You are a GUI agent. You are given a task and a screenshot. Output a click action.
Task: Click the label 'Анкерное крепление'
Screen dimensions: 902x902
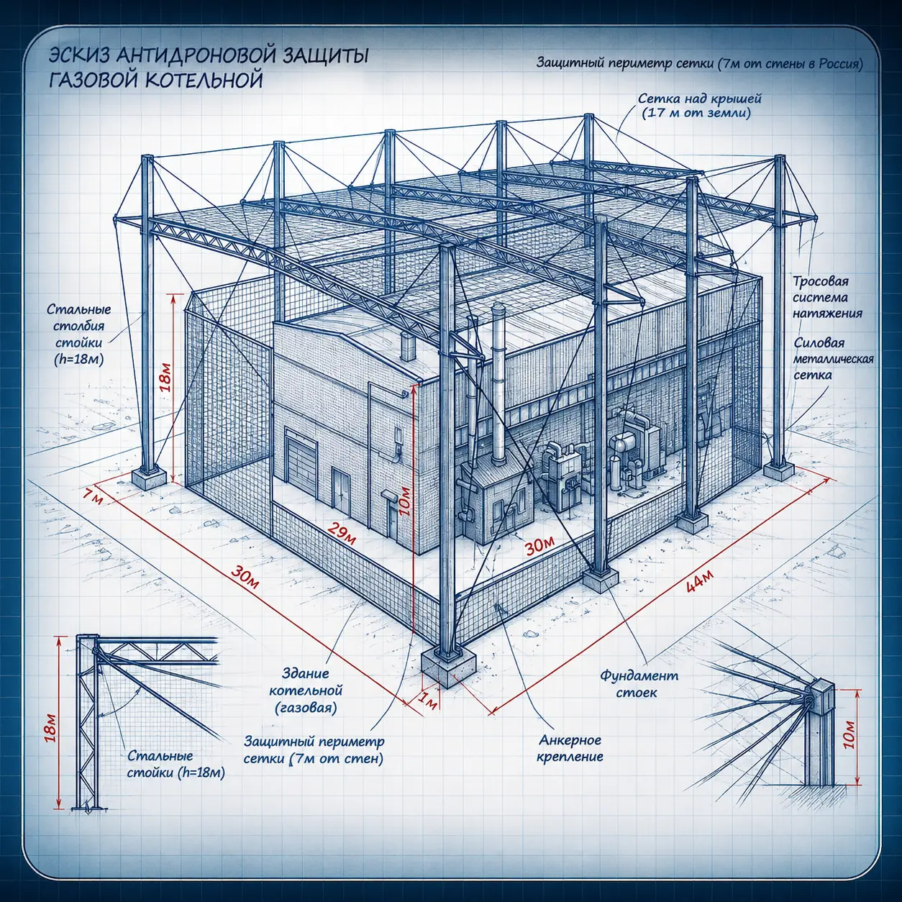point(570,749)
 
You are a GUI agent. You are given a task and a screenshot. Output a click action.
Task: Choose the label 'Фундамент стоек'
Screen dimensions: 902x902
point(639,684)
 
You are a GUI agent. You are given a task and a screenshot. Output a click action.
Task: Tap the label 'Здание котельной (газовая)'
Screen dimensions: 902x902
point(306,691)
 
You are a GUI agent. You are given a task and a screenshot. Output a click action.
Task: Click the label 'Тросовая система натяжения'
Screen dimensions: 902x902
point(827,298)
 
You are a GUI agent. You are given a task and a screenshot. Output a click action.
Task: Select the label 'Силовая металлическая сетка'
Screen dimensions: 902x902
point(833,359)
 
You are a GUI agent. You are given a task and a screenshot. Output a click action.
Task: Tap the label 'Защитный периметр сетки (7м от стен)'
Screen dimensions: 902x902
point(314,750)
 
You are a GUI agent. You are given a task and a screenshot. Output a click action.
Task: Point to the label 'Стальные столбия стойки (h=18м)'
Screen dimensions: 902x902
point(79,334)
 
